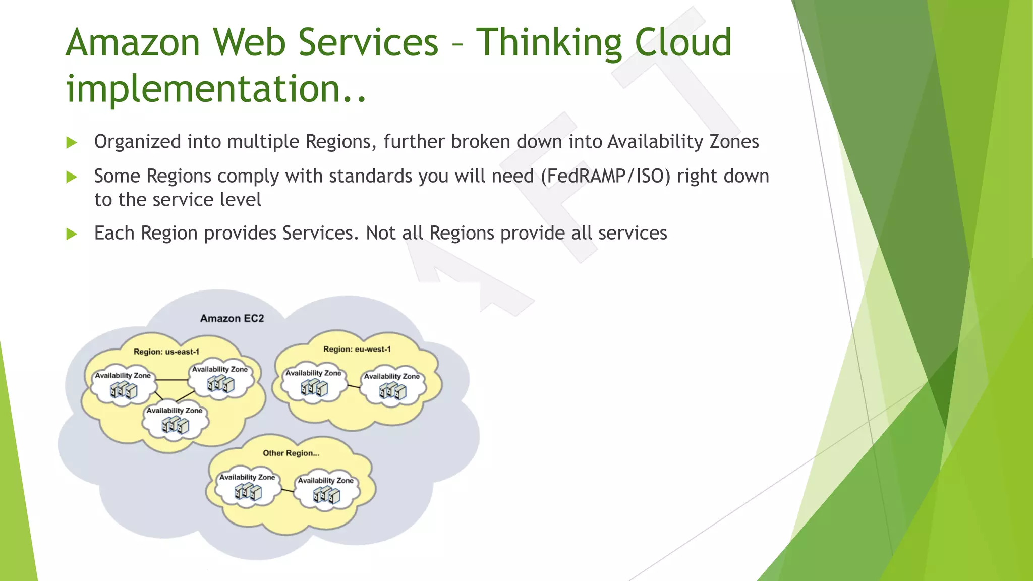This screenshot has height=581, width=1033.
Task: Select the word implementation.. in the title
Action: [216, 89]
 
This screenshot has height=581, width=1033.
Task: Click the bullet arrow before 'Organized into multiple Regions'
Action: [72, 143]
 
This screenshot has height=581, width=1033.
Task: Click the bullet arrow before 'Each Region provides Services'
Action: [72, 234]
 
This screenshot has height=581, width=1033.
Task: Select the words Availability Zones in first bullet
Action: [683, 142]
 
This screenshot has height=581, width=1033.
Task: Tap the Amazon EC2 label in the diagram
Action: [232, 318]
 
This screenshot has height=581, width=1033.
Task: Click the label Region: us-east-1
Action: [166, 352]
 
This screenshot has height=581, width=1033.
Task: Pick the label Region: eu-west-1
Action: [357, 349]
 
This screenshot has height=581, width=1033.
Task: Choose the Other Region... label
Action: [291, 453]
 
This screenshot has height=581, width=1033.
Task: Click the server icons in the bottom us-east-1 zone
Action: [175, 426]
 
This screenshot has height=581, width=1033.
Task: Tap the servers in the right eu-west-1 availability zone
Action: [392, 391]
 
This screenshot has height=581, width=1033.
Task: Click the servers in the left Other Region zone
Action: [248, 492]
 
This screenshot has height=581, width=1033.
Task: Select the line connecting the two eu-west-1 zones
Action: [354, 386]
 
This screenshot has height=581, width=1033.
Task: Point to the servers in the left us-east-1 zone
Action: [124, 390]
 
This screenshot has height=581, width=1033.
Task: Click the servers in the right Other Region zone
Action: [326, 495]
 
